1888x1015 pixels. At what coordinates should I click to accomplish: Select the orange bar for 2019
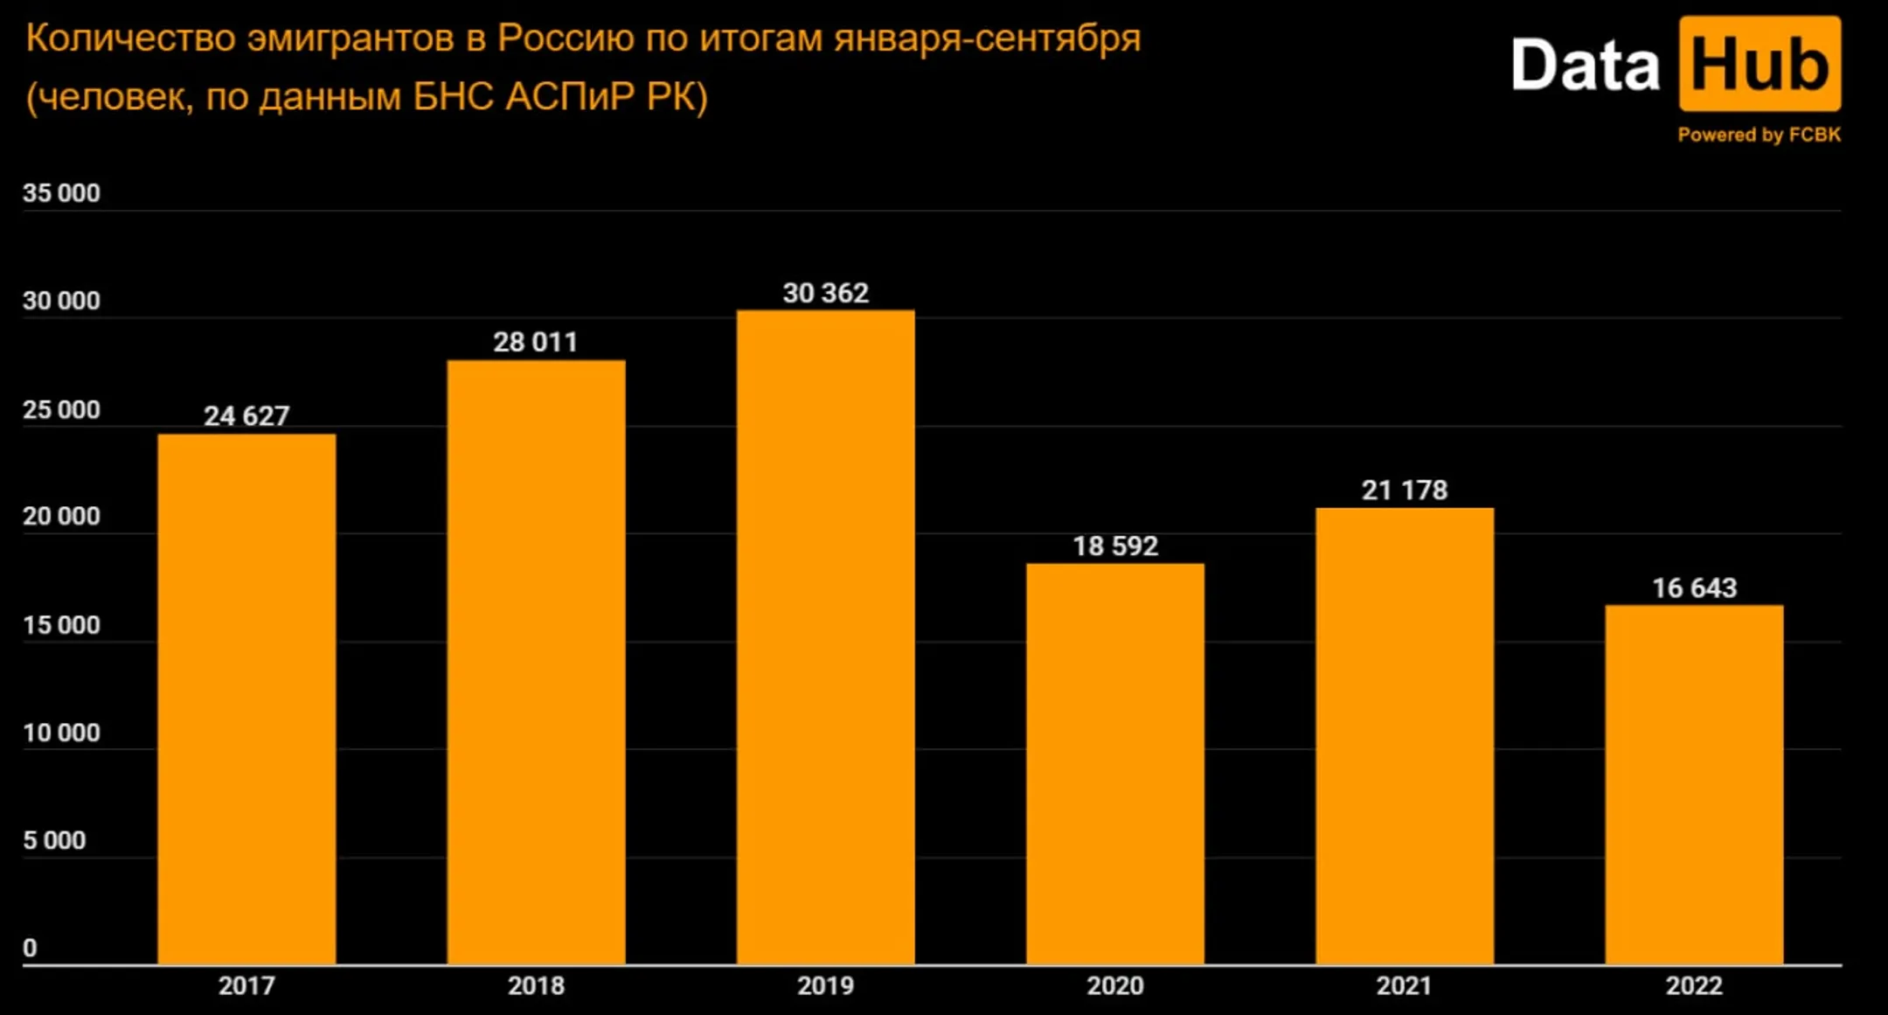(825, 638)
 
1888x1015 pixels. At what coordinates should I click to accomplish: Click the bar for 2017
(246, 699)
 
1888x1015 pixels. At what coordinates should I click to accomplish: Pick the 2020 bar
(1114, 764)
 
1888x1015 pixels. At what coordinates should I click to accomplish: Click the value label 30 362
(825, 293)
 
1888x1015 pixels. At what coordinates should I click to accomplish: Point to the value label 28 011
(535, 342)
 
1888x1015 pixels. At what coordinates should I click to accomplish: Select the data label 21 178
(1404, 490)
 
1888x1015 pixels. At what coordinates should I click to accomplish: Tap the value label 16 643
(1694, 587)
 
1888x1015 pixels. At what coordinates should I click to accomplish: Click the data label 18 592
(1114, 546)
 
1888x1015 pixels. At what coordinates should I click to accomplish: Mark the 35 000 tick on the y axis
(61, 192)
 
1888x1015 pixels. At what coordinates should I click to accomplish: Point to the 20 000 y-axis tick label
(61, 516)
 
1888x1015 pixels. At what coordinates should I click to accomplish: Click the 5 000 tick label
(54, 840)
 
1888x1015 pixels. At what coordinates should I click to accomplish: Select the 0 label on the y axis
(30, 948)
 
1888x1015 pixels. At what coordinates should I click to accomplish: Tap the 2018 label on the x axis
(536, 985)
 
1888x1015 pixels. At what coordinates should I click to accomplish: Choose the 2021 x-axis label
(1404, 985)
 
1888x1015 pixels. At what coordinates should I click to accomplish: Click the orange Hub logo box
(1759, 64)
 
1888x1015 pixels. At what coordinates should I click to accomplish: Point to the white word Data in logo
(1584, 66)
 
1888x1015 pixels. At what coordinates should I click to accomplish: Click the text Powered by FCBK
(1759, 135)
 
